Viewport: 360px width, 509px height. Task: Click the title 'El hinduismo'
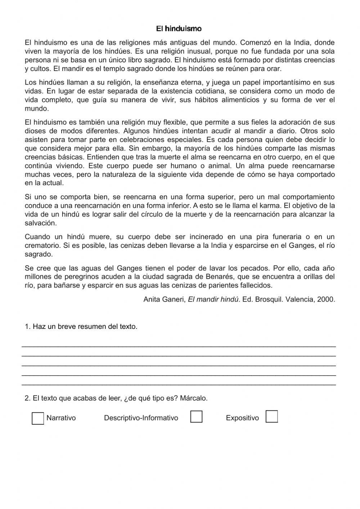pyautogui.click(x=179, y=28)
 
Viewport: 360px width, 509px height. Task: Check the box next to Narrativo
pyautogui.click(x=38, y=418)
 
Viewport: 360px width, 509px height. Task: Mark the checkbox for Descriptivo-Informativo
pyautogui.click(x=196, y=417)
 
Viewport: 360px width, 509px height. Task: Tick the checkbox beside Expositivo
pyautogui.click(x=271, y=417)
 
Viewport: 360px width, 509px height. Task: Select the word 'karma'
pyautogui.click(x=271, y=206)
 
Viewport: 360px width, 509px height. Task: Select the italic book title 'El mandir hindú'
pyautogui.click(x=213, y=299)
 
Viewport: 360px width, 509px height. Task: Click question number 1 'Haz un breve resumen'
pyautogui.click(x=81, y=327)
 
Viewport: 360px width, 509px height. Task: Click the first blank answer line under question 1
pyautogui.click(x=179, y=345)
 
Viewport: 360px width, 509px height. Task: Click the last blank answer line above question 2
pyautogui.click(x=179, y=384)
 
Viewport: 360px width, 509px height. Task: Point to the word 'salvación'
pyautogui.click(x=41, y=223)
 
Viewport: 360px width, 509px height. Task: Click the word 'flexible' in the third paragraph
pyautogui.click(x=175, y=122)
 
